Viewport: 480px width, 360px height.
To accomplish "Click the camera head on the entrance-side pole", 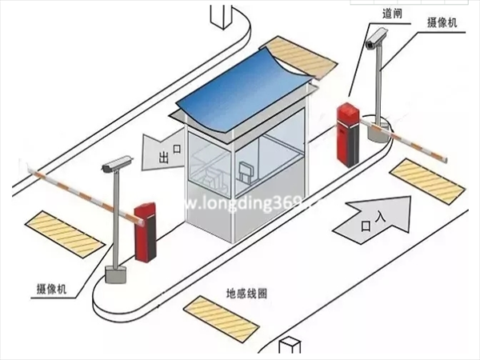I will coord(376,38).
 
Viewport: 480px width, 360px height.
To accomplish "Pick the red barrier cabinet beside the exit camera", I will coord(145,232).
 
